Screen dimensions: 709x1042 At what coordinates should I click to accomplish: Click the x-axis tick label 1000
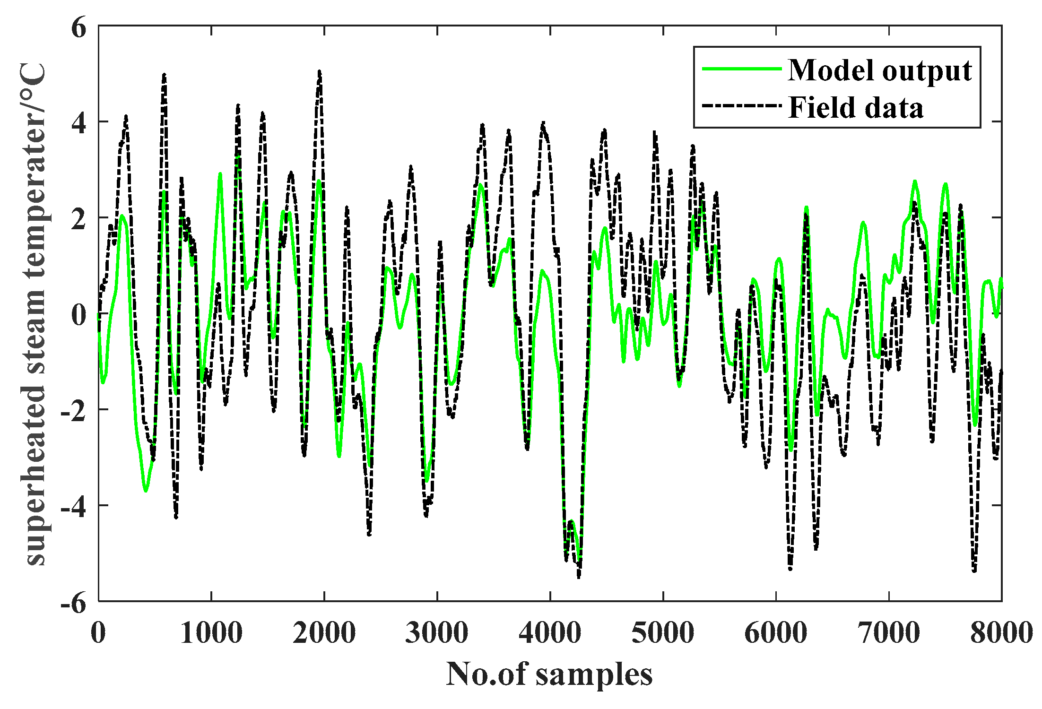click(211, 632)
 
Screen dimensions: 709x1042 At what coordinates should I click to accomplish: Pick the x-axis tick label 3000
click(437, 632)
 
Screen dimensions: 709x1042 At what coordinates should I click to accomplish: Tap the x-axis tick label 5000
click(663, 632)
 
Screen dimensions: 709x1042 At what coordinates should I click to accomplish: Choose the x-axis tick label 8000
click(1001, 632)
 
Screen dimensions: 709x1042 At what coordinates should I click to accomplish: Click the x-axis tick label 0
click(98, 632)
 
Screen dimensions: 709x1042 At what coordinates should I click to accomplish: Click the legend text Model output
click(880, 71)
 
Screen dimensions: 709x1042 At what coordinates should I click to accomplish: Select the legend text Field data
click(856, 108)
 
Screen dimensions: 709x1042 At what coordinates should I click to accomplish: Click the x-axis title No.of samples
click(549, 674)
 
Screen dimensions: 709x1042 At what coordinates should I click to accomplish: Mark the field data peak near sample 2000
click(320, 72)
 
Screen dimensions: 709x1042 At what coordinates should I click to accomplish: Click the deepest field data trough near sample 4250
click(579, 576)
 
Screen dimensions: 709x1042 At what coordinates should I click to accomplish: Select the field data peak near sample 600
click(164, 75)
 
